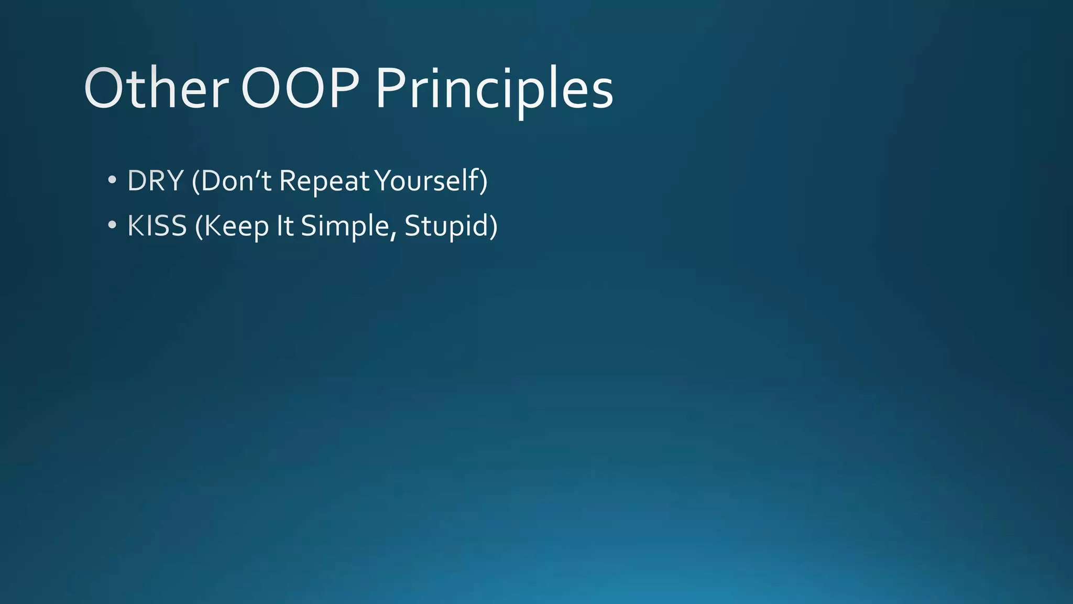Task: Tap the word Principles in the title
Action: coord(494,89)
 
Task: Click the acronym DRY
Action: coord(156,181)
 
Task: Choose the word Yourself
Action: coord(427,181)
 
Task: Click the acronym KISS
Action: coord(157,226)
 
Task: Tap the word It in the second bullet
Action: coord(285,226)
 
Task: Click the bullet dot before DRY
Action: coord(112,180)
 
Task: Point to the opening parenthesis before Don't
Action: coord(195,181)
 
